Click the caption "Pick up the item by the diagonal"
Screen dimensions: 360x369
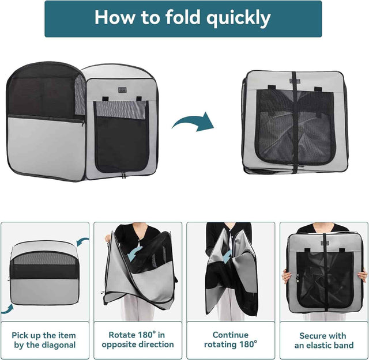pyautogui.click(x=44, y=340)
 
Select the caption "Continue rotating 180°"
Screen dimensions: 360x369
pyautogui.click(x=230, y=340)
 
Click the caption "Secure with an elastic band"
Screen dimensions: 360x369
pyautogui.click(x=323, y=340)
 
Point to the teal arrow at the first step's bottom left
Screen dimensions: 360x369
pyautogui.click(x=7, y=309)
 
